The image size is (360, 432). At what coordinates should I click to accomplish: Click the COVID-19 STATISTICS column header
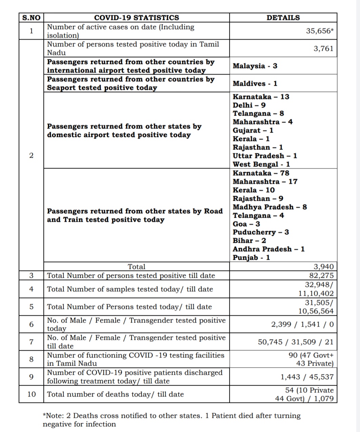click(136, 18)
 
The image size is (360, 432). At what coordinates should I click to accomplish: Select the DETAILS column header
click(283, 18)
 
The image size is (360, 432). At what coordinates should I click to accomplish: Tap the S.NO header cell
click(31, 18)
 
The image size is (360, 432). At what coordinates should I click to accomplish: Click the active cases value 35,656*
click(320, 31)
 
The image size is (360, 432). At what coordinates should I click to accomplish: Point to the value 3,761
click(323, 48)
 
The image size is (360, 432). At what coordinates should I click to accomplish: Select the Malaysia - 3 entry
click(255, 66)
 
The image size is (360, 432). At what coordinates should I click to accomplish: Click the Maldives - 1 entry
click(255, 83)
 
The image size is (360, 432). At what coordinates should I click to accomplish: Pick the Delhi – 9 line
click(249, 105)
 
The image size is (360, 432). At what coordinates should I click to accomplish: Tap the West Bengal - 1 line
click(261, 164)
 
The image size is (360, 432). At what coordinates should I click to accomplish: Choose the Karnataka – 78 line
click(261, 173)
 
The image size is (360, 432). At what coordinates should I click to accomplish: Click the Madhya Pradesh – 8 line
click(270, 207)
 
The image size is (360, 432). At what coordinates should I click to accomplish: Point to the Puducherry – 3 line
click(261, 232)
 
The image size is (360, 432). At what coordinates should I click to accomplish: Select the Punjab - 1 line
click(251, 258)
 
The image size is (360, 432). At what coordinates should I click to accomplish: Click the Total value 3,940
click(323, 267)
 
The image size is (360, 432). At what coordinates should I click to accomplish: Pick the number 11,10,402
click(316, 294)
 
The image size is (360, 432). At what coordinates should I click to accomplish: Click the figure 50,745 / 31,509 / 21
click(296, 342)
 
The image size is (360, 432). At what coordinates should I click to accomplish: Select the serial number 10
click(31, 394)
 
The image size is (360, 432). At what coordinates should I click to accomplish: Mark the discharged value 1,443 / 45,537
click(307, 377)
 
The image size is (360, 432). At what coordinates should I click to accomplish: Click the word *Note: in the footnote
click(56, 416)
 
